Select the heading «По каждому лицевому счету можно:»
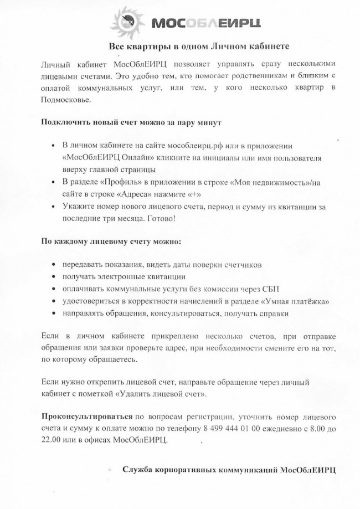pos(111,241)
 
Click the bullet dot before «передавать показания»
pos(53,265)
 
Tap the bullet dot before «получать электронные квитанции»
pos(53,277)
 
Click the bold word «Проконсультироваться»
pos(87,416)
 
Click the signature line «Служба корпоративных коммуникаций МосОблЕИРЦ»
pos(229,470)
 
